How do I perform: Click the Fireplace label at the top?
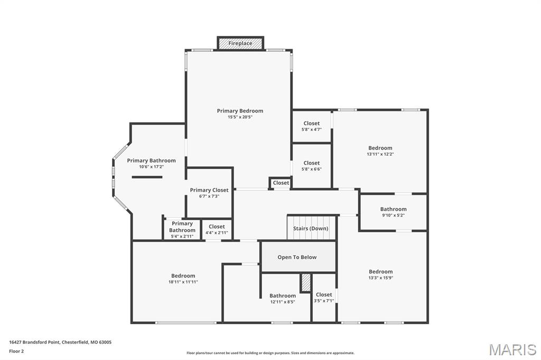(240, 43)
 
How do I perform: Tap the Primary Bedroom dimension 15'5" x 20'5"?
(240, 117)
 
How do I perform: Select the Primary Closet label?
(209, 190)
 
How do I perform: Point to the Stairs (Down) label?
(311, 229)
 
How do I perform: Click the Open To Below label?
(297, 257)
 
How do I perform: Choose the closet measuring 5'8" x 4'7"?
(312, 129)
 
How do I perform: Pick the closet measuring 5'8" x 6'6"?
(312, 169)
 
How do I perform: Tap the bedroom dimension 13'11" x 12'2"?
(380, 154)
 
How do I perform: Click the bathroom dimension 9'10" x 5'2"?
(394, 215)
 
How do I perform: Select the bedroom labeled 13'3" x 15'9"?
(380, 278)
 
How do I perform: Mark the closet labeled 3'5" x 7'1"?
(324, 301)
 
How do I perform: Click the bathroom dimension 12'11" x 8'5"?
(283, 302)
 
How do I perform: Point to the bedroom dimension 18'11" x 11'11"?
(183, 282)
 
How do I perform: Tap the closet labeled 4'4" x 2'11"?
(217, 233)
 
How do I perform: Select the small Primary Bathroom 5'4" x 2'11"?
(182, 236)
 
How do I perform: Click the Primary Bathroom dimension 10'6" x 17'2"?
(151, 167)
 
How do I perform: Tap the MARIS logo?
(512, 349)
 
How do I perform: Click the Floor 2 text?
(16, 351)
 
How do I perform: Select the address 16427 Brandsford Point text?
(60, 342)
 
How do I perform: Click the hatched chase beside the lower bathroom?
(306, 282)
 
